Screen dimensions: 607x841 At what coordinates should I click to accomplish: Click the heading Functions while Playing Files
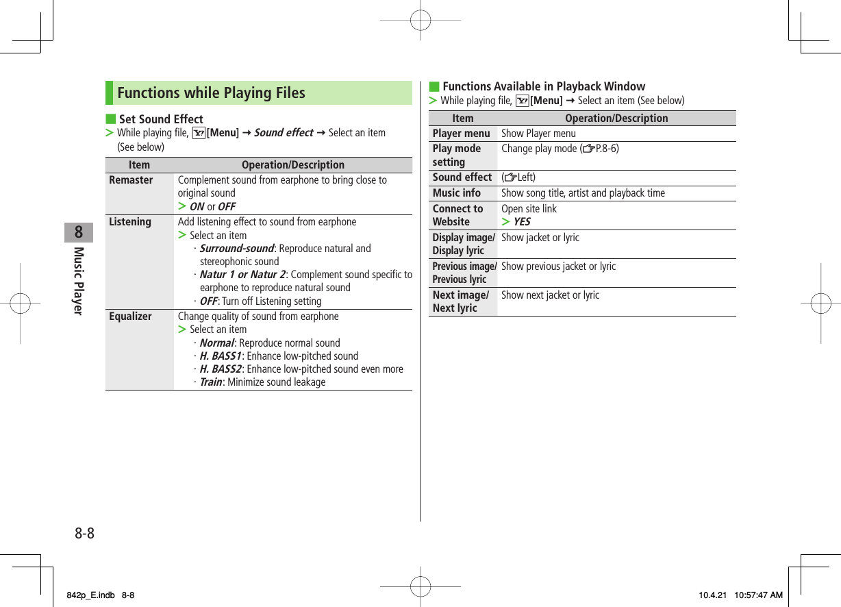[211, 93]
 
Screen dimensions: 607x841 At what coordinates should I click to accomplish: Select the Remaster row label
[131, 180]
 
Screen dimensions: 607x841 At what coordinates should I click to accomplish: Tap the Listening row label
[130, 222]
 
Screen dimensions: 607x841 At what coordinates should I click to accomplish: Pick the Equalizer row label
[130, 317]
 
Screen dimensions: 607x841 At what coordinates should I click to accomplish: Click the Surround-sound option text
[236, 249]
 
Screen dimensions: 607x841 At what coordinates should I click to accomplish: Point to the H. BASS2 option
[221, 369]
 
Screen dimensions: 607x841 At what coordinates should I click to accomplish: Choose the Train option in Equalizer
[211, 382]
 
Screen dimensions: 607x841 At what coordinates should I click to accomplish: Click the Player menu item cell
[461, 134]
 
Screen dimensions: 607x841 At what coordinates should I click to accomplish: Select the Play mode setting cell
[457, 156]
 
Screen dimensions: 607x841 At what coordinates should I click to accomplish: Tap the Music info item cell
[457, 193]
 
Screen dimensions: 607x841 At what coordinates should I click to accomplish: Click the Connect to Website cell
[457, 215]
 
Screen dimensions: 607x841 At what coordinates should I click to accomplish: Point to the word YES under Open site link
[521, 222]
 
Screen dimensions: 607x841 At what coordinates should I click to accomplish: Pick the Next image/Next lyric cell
[460, 301]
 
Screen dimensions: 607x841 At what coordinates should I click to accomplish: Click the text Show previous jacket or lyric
[558, 267]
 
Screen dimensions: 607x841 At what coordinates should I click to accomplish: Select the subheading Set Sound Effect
[161, 119]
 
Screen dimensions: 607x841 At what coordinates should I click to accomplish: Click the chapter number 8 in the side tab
[79, 232]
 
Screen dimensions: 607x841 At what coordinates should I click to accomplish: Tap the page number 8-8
[84, 533]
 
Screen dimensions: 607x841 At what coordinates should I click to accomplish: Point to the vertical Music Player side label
[78, 280]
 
